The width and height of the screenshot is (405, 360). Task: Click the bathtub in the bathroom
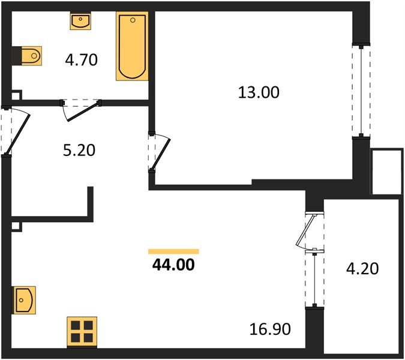pyautogui.click(x=131, y=48)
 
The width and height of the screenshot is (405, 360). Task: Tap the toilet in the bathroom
pyautogui.click(x=28, y=57)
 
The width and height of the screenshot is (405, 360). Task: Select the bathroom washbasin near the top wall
pyautogui.click(x=80, y=22)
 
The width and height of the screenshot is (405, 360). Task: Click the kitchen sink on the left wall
pyautogui.click(x=24, y=299)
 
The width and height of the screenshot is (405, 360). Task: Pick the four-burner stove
pyautogui.click(x=81, y=331)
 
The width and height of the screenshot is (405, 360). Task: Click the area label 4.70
pyautogui.click(x=81, y=59)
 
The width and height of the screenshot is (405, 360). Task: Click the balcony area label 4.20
pyautogui.click(x=362, y=268)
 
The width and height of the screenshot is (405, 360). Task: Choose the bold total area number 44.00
pyautogui.click(x=173, y=264)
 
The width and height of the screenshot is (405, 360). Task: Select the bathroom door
pyautogui.click(x=82, y=112)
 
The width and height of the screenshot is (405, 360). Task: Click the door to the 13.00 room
pyautogui.click(x=161, y=152)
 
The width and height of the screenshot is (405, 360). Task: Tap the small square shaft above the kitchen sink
pyautogui.click(x=16, y=227)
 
